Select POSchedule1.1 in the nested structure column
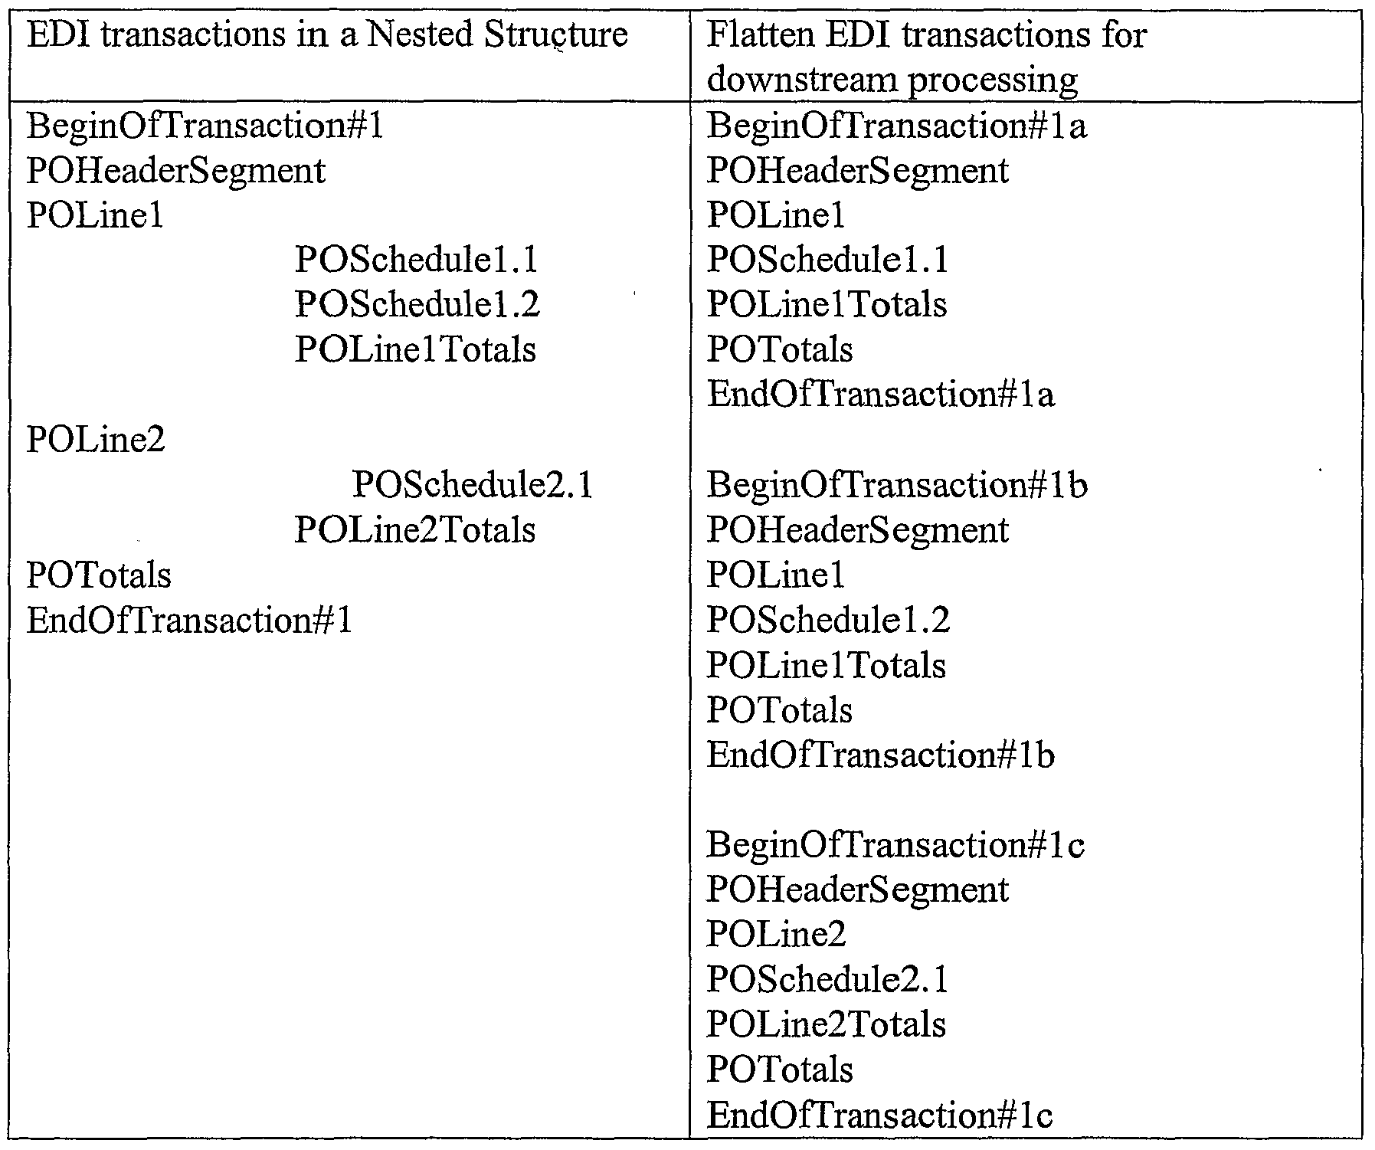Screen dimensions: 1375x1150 coord(417,260)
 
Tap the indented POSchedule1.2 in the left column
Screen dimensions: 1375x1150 coord(417,305)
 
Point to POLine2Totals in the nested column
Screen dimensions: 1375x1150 coord(415,530)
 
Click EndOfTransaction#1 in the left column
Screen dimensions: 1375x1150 coord(190,620)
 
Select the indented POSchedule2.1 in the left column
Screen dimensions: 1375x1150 coord(473,485)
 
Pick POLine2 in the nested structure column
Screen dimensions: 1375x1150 coord(96,440)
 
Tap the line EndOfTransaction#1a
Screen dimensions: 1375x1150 coord(881,395)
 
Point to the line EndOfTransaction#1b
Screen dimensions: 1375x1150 coord(881,755)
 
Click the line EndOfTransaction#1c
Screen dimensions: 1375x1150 coord(879,1115)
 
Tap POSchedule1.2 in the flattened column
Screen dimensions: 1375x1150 coord(828,620)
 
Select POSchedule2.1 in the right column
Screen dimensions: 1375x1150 coord(827,980)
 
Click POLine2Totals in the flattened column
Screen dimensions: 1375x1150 coord(826,1024)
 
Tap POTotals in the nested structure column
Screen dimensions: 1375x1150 coord(99,575)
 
